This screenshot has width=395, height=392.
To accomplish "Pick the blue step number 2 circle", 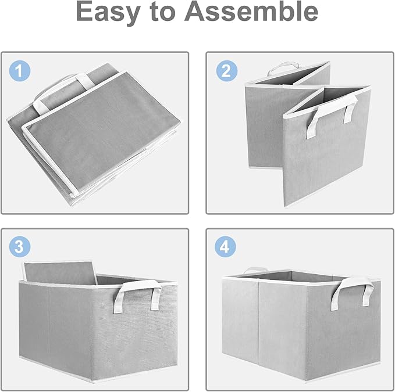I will click(x=226, y=71).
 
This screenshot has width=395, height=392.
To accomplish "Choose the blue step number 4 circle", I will click(x=226, y=247).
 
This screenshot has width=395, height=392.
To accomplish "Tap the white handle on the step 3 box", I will click(x=137, y=293).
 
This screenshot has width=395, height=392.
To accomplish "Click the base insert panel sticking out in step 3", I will click(x=58, y=272).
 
